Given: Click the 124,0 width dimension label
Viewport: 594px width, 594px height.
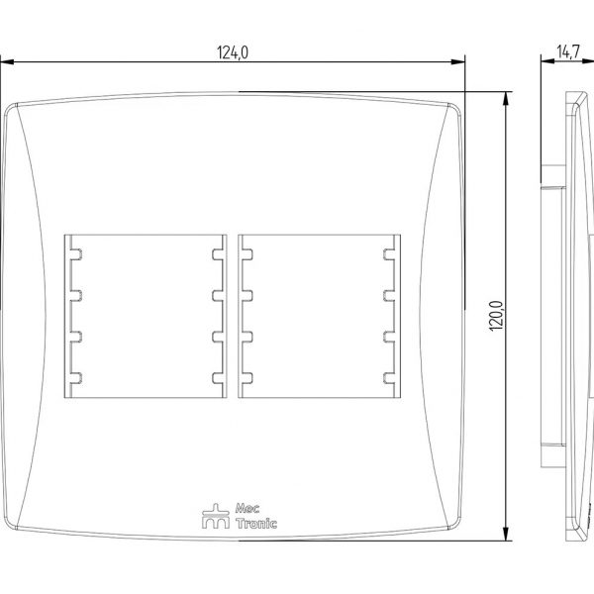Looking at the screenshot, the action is click(x=233, y=52).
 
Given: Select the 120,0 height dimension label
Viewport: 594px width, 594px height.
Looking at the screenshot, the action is click(x=496, y=316).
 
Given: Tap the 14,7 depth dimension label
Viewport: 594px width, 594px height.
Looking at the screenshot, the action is click(x=568, y=51).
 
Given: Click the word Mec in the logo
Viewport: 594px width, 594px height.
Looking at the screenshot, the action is click(x=247, y=508).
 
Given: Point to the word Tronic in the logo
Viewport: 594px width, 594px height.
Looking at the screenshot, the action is click(x=256, y=523).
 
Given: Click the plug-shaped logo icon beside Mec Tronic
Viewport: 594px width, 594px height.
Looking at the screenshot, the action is click(x=216, y=516).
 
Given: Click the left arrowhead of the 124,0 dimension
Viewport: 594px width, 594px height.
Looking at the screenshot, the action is click(x=8, y=61).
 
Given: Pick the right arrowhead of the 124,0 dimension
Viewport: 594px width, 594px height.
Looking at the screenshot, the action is click(x=457, y=61).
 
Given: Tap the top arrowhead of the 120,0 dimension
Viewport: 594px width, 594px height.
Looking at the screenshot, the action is click(x=505, y=98).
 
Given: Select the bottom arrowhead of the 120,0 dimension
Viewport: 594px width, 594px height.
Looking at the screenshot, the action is click(x=505, y=534).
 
